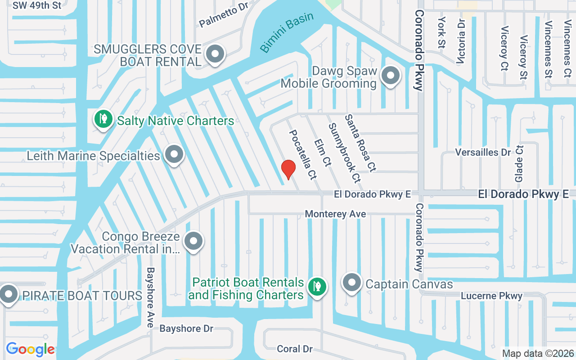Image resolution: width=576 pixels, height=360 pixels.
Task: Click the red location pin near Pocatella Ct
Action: tap(288, 169)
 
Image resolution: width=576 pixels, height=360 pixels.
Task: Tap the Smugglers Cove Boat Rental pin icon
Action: tap(215, 54)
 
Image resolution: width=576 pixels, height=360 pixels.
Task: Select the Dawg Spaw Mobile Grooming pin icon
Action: tap(390, 75)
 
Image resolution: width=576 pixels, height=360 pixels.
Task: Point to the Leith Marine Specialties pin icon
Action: tap(174, 155)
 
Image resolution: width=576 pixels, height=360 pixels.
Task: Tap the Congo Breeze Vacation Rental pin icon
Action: tap(194, 241)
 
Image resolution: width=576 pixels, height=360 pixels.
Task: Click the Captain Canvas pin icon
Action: tap(352, 283)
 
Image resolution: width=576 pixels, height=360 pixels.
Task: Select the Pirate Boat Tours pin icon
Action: tap(8, 295)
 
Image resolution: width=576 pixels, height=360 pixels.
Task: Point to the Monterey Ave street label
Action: tap(335, 214)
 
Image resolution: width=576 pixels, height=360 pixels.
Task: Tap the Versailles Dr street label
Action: tap(483, 152)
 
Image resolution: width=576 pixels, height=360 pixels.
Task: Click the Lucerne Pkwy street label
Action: tap(491, 296)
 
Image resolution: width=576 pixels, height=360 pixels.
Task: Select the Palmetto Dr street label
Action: tap(224, 17)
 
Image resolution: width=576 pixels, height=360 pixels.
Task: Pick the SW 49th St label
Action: tap(36, 6)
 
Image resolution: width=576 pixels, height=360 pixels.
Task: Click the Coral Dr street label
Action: tap(294, 349)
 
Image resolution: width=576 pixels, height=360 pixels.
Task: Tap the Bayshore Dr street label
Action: tap(186, 328)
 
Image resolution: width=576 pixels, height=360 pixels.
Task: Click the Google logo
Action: tap(30, 349)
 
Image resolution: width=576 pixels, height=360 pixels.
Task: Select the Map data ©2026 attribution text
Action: tap(538, 354)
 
